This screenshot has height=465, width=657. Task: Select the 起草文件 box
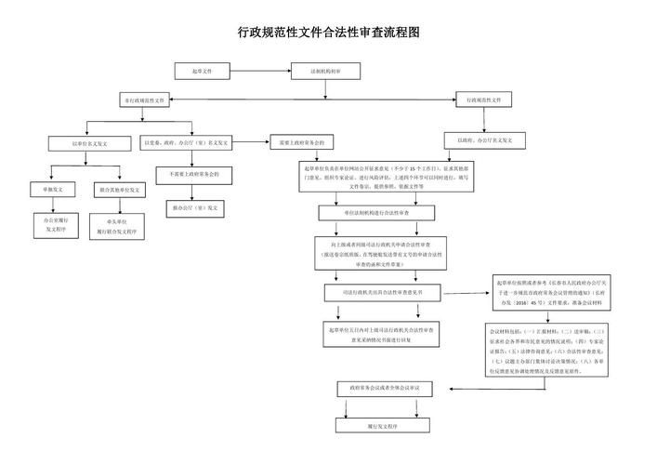pos(203,70)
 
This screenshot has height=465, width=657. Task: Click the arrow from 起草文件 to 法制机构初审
pos(259,70)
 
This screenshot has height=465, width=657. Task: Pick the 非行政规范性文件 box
pos(145,100)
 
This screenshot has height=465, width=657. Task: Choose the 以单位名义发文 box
pos(90,143)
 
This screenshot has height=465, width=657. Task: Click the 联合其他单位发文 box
pos(119,189)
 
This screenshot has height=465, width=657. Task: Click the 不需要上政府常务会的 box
pos(194,174)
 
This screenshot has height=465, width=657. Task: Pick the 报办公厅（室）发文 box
pos(194,207)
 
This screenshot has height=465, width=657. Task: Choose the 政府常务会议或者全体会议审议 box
pos(384,386)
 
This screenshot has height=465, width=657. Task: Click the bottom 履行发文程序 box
pos(384,425)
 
